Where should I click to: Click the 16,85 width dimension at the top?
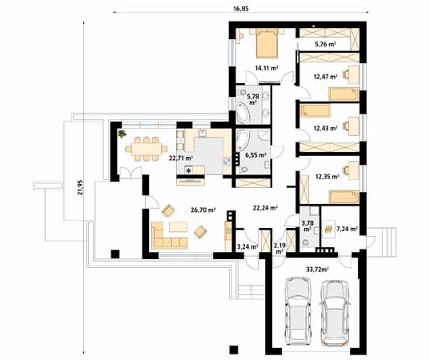point(241,9)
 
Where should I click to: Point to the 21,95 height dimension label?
point(80,187)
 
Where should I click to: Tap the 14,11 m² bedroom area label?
point(267,68)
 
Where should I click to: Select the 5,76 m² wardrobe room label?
point(325,44)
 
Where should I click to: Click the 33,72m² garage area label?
point(317,270)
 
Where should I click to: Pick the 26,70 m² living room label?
point(203,210)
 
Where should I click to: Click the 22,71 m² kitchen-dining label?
point(181,158)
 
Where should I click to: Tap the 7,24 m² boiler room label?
point(347,229)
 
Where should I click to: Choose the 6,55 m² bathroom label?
point(256,155)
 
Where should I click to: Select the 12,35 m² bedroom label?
point(328,177)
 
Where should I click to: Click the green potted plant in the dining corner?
point(122,134)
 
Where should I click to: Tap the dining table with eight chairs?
point(147,149)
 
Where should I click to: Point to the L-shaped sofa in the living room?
point(168,236)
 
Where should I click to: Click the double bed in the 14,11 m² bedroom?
point(267,44)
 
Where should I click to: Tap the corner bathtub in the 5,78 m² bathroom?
point(243,112)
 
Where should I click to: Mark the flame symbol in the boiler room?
point(328,229)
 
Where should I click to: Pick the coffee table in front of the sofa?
point(179,227)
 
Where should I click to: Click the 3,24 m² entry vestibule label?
point(247,246)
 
